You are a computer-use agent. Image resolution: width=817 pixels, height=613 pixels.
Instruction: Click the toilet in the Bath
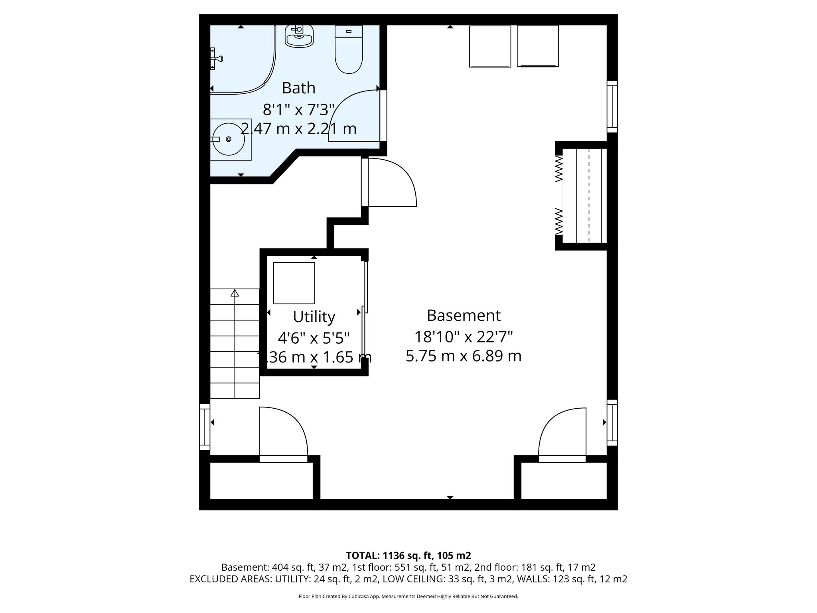349,50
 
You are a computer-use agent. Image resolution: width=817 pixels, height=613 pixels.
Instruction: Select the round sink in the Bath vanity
228,139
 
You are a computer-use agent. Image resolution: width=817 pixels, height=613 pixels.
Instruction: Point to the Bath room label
298,88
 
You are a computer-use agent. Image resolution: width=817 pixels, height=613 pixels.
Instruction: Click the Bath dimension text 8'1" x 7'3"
298,109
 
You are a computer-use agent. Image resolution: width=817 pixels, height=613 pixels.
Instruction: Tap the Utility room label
314,316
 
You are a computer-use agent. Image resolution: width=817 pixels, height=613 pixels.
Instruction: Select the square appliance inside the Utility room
294,283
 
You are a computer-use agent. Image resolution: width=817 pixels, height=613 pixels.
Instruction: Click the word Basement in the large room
464,315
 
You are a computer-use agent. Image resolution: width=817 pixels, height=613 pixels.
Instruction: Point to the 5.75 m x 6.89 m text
464,356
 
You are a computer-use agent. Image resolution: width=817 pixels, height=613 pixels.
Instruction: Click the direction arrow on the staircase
235,293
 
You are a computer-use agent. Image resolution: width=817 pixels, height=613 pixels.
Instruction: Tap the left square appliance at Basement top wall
490,46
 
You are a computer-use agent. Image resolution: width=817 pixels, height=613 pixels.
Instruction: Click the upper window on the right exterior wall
612,107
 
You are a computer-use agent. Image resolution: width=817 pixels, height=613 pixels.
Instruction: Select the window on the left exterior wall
205,427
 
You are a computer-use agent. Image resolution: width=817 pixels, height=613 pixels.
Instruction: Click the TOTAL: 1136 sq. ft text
408,555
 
